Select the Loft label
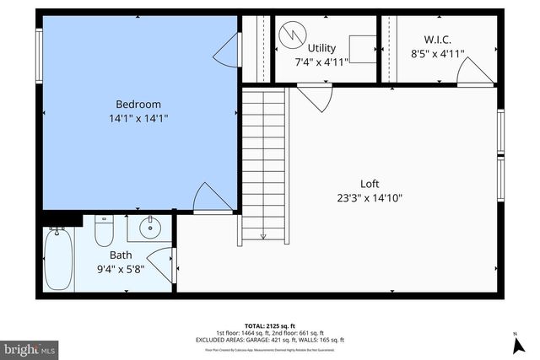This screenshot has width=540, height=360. click(370, 184)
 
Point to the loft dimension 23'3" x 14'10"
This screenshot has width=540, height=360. click(370, 198)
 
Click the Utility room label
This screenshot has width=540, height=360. click(321, 48)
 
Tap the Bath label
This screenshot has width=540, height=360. click(121, 255)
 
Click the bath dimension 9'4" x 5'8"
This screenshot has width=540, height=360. click(121, 269)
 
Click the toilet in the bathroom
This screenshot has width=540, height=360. click(104, 229)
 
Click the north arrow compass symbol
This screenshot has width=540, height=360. click(516, 343)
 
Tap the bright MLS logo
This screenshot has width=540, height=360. click(30, 347)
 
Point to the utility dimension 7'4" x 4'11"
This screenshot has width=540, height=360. click(321, 62)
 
